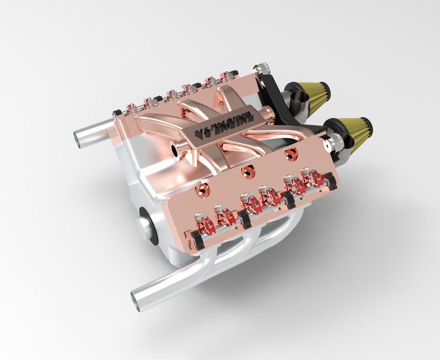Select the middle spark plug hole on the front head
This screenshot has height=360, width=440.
click(x=244, y=170)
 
